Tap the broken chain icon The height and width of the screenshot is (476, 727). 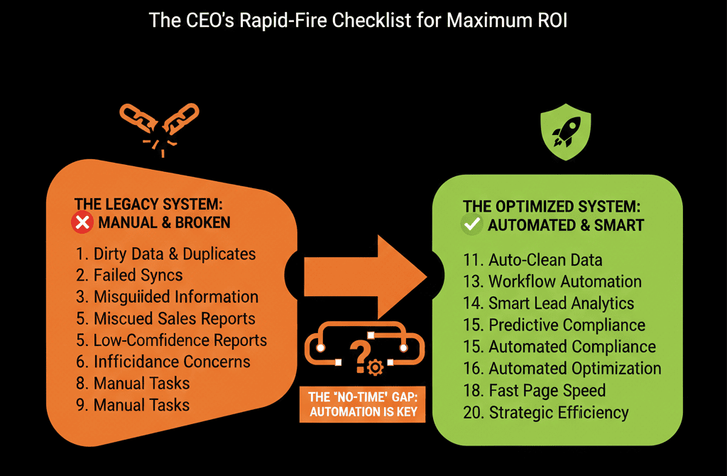point(158,124)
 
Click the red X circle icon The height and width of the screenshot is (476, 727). point(82,223)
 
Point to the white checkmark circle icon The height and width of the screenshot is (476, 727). point(471,226)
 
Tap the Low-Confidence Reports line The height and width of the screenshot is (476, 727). point(170,340)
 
